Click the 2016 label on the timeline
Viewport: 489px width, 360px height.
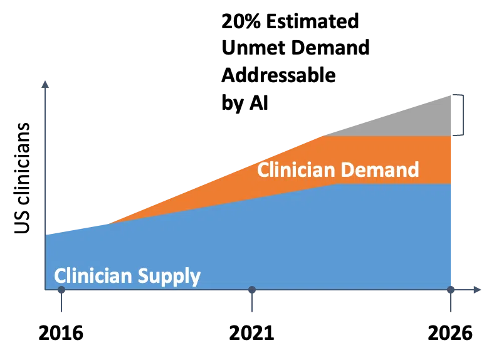point(61,333)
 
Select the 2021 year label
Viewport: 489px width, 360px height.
point(251,333)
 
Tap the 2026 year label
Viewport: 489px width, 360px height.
point(450,333)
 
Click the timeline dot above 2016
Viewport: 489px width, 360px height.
point(61,290)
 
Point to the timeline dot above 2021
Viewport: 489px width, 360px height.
point(252,290)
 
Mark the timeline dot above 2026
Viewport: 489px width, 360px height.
point(451,290)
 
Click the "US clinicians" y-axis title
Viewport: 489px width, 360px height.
point(22,178)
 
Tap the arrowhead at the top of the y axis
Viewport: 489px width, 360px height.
point(45,84)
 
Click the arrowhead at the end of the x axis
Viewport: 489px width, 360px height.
point(477,290)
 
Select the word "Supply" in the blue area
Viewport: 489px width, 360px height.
point(169,277)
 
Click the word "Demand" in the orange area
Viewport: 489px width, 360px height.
point(379,170)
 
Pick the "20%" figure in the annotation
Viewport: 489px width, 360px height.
point(241,21)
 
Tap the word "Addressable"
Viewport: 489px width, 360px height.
point(278,75)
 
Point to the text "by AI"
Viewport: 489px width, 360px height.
point(244,102)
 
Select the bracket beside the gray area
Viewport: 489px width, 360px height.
point(463,115)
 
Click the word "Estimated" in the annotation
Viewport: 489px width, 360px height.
point(312,21)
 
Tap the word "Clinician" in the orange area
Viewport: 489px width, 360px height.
point(296,170)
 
